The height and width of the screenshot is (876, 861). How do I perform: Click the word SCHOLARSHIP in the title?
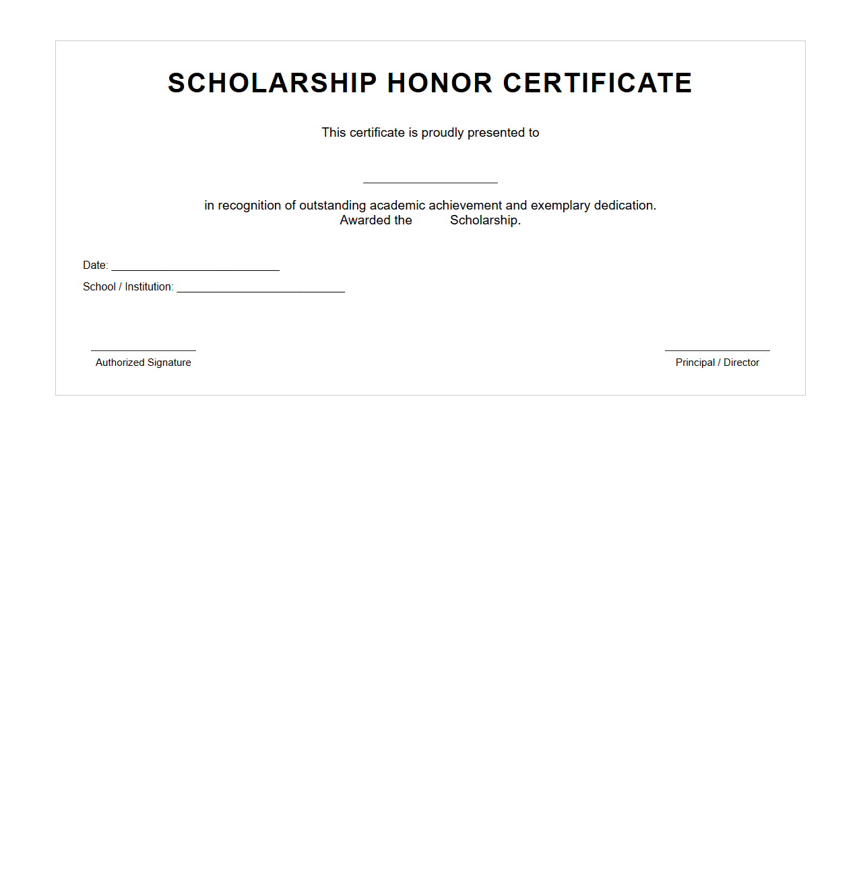pos(272,84)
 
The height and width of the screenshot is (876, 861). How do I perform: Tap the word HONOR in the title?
pos(440,84)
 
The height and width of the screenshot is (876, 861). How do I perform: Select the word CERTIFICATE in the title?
pos(598,84)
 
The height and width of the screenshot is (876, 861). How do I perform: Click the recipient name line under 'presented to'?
pos(430,181)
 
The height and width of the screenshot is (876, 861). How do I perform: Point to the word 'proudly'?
pos(443,133)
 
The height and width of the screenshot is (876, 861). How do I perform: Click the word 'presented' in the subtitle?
pos(496,133)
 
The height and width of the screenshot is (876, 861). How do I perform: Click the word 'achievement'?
pos(466,206)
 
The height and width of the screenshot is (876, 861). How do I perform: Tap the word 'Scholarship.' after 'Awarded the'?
pos(485,220)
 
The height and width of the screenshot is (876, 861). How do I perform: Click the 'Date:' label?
pos(95,265)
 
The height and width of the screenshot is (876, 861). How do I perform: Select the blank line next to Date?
pos(195,269)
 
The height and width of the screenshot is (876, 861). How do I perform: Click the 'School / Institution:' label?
pos(128,287)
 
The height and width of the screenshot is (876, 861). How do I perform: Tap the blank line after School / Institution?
pos(261,290)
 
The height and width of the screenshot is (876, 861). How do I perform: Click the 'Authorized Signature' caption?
pos(143,363)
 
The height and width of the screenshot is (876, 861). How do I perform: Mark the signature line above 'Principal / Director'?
pos(717,350)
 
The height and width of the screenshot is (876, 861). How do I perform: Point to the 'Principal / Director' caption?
pos(717,363)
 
